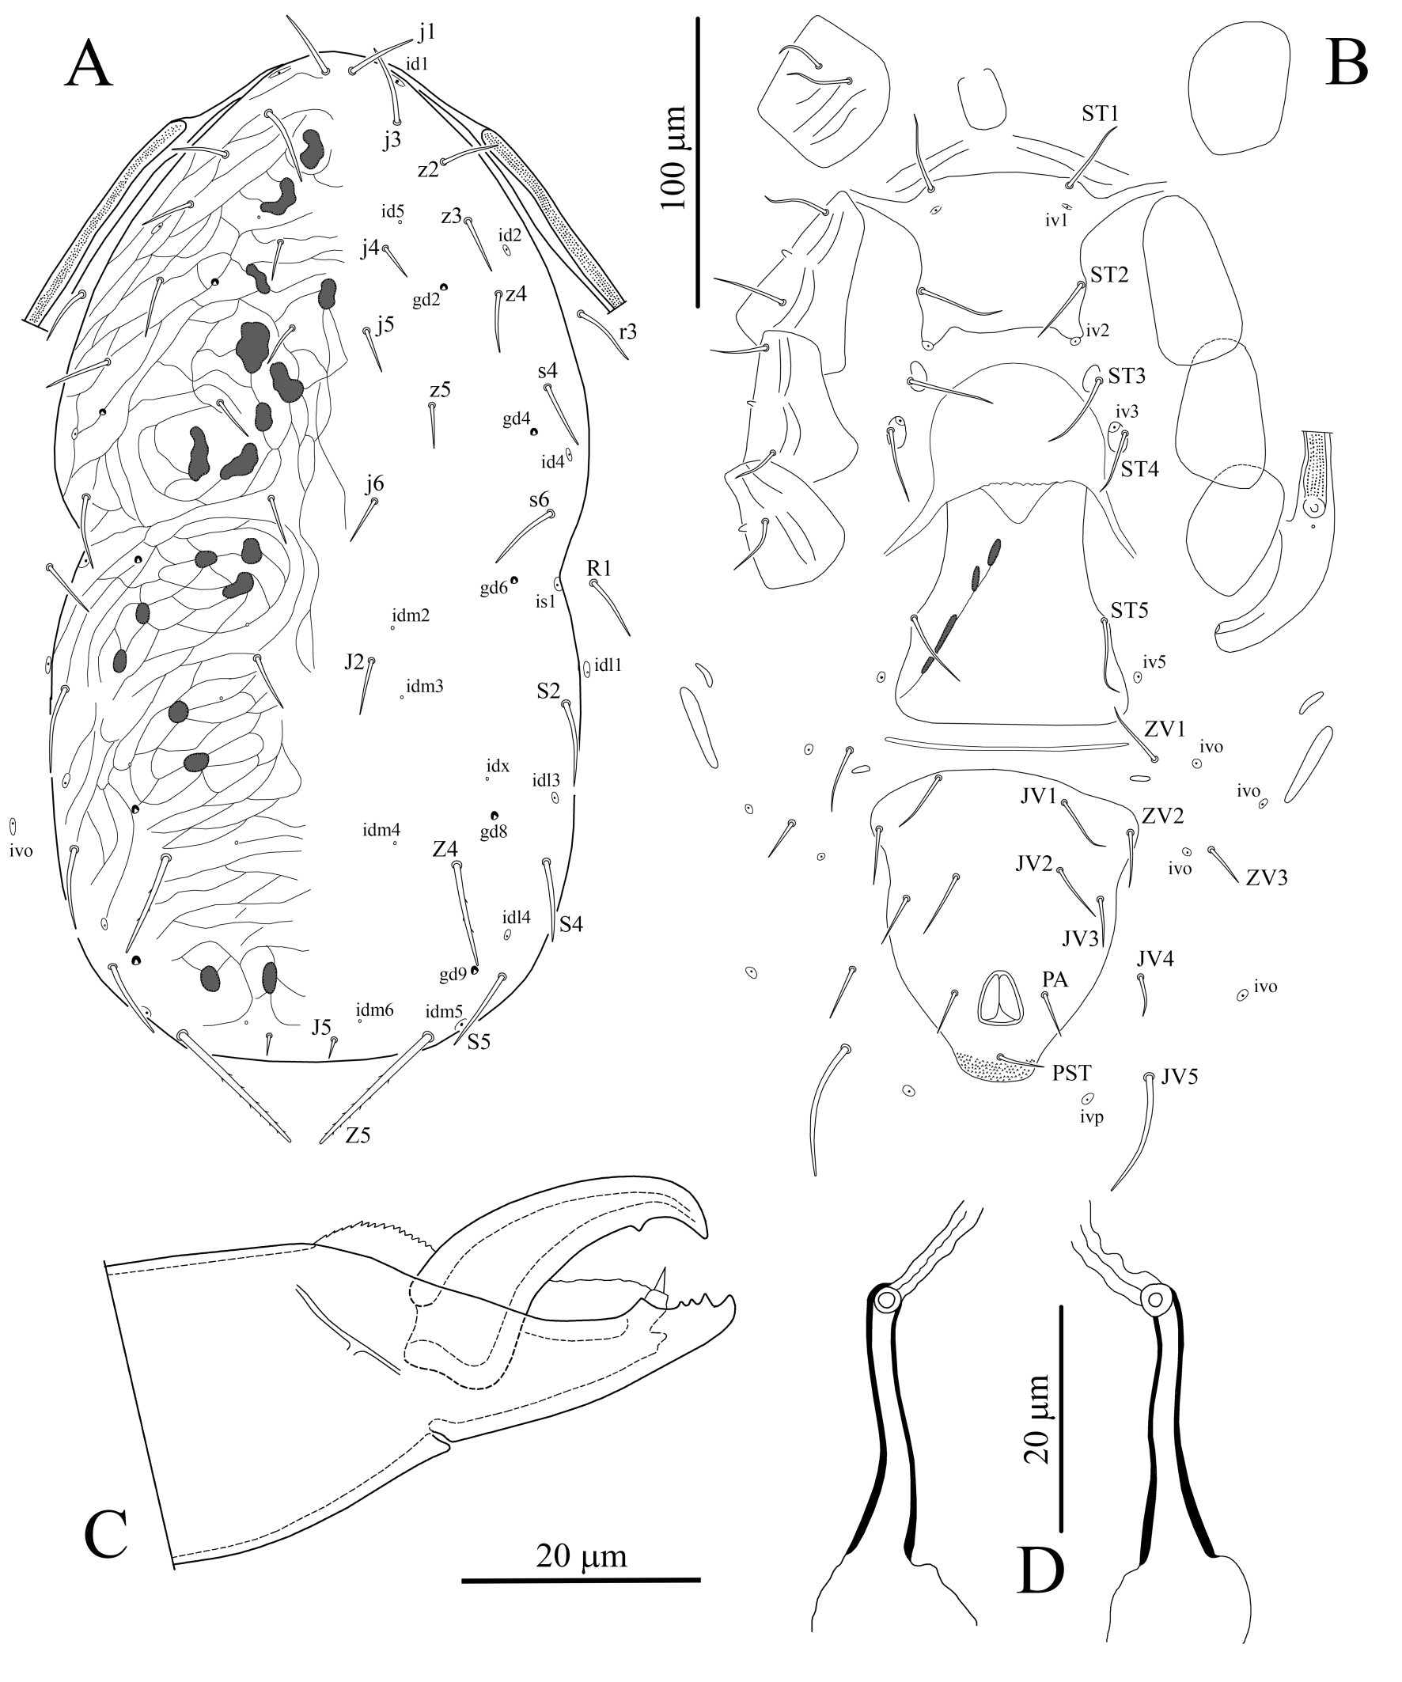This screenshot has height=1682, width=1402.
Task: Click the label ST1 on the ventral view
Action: [1100, 114]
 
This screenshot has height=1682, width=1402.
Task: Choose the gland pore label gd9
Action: [453, 975]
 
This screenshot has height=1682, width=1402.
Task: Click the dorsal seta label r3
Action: [627, 331]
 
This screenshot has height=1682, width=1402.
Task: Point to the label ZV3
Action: [1267, 878]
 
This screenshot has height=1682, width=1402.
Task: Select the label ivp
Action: [1091, 1116]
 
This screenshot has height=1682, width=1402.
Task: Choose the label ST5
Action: [1130, 610]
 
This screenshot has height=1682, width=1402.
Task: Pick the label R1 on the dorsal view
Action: [598, 569]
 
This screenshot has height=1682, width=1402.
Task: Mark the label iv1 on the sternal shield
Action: [1057, 220]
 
